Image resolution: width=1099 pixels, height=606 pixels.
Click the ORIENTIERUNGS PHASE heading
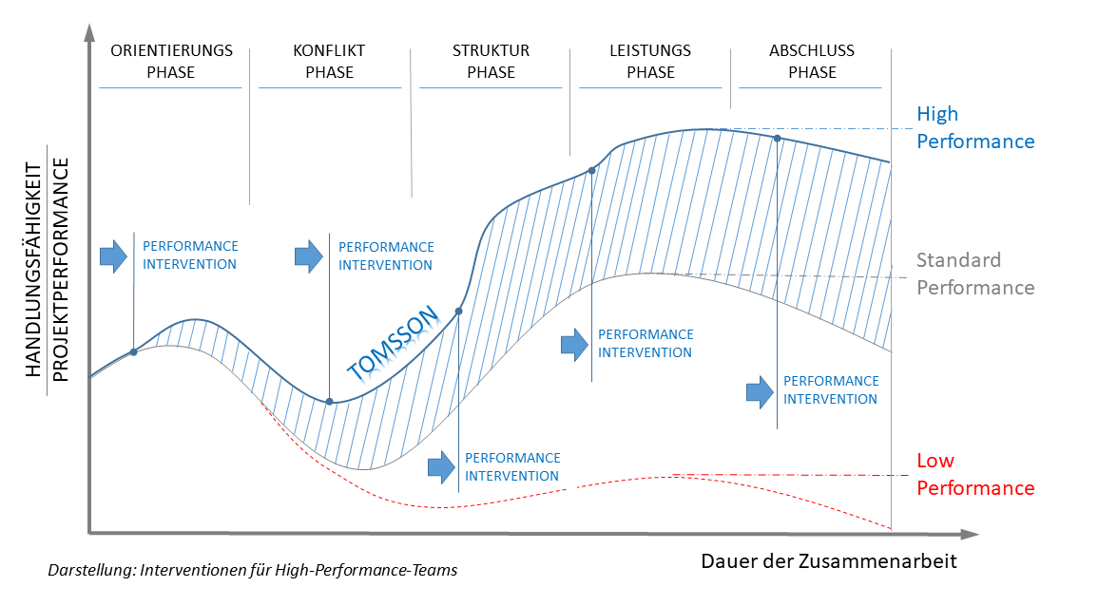click(171, 61)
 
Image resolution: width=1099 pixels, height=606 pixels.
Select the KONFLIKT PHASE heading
click(329, 61)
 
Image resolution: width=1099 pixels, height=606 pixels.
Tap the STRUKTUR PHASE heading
click(491, 61)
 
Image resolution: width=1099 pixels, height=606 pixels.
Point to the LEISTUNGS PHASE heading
click(650, 61)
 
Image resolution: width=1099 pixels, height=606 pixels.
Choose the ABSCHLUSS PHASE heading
click(811, 61)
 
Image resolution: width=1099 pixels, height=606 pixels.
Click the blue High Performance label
click(974, 127)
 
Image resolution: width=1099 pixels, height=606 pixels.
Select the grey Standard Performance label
click(974, 274)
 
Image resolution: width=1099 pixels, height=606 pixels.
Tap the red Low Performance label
click(974, 474)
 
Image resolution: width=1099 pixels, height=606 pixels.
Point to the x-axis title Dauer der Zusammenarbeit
click(829, 560)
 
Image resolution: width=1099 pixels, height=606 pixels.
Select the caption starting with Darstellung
click(252, 571)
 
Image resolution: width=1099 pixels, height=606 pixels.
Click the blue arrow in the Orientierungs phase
click(113, 256)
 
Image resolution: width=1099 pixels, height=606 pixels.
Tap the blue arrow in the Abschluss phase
click(759, 390)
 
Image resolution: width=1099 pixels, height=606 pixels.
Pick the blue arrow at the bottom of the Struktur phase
click(441, 466)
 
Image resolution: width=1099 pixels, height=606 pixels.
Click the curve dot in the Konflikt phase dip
click(330, 402)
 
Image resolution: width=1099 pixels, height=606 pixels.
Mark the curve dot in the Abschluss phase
click(778, 139)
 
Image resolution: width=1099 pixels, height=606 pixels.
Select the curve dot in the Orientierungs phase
click(133, 352)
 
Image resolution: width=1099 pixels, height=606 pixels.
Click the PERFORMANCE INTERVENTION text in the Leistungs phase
click(646, 343)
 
